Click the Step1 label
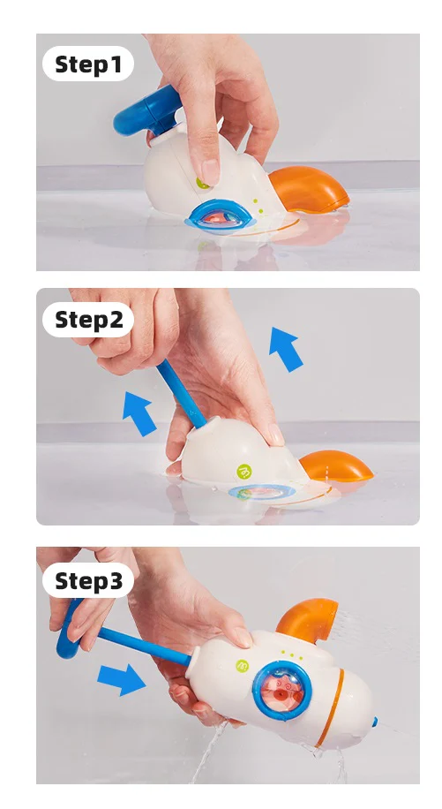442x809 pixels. (x=88, y=64)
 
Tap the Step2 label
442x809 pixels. (x=88, y=320)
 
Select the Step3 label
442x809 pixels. (x=88, y=580)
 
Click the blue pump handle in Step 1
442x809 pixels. (x=146, y=112)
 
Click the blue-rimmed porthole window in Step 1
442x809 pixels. (x=221, y=216)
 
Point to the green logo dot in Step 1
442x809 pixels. (x=202, y=183)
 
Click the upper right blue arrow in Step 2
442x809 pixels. (x=285, y=349)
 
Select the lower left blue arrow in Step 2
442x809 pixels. (x=138, y=413)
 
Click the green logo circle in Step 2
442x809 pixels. (x=243, y=471)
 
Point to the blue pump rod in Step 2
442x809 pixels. (x=181, y=394)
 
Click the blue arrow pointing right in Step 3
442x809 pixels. (x=121, y=679)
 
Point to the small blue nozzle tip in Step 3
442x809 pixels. (x=375, y=722)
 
